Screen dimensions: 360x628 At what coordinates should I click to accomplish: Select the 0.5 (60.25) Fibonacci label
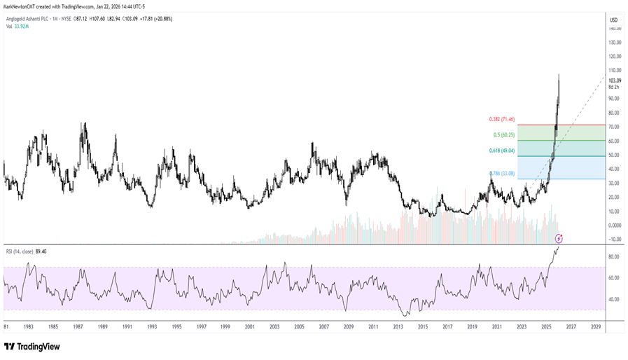click(503, 134)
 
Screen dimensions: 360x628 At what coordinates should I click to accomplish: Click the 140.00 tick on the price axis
click(615, 29)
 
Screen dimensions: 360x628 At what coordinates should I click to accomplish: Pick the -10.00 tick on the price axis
click(614, 240)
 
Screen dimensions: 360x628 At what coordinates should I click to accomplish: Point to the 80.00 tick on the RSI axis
click(613, 257)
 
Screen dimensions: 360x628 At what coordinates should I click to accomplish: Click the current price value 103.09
click(615, 81)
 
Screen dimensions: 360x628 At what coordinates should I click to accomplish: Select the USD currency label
click(613, 20)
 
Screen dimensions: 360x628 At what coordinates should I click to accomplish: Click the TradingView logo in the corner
click(32, 347)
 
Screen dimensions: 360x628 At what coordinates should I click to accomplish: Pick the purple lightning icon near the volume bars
click(558, 238)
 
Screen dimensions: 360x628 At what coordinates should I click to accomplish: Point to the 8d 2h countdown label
click(614, 87)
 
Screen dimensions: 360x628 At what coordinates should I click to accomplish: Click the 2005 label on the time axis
click(299, 326)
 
